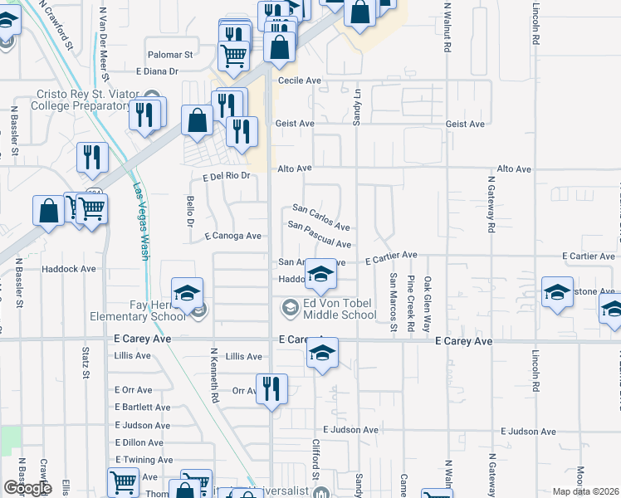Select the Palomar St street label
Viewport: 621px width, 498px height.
tap(170, 55)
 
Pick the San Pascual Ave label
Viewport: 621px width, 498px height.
tap(320, 235)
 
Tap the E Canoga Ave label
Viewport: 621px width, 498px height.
tap(233, 236)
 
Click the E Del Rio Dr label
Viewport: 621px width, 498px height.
tap(226, 177)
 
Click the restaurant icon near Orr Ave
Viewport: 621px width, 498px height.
tap(271, 389)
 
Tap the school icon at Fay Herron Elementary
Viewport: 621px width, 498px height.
tap(187, 292)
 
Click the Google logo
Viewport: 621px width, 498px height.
tap(27, 488)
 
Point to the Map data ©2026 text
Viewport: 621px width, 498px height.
tap(586, 491)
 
